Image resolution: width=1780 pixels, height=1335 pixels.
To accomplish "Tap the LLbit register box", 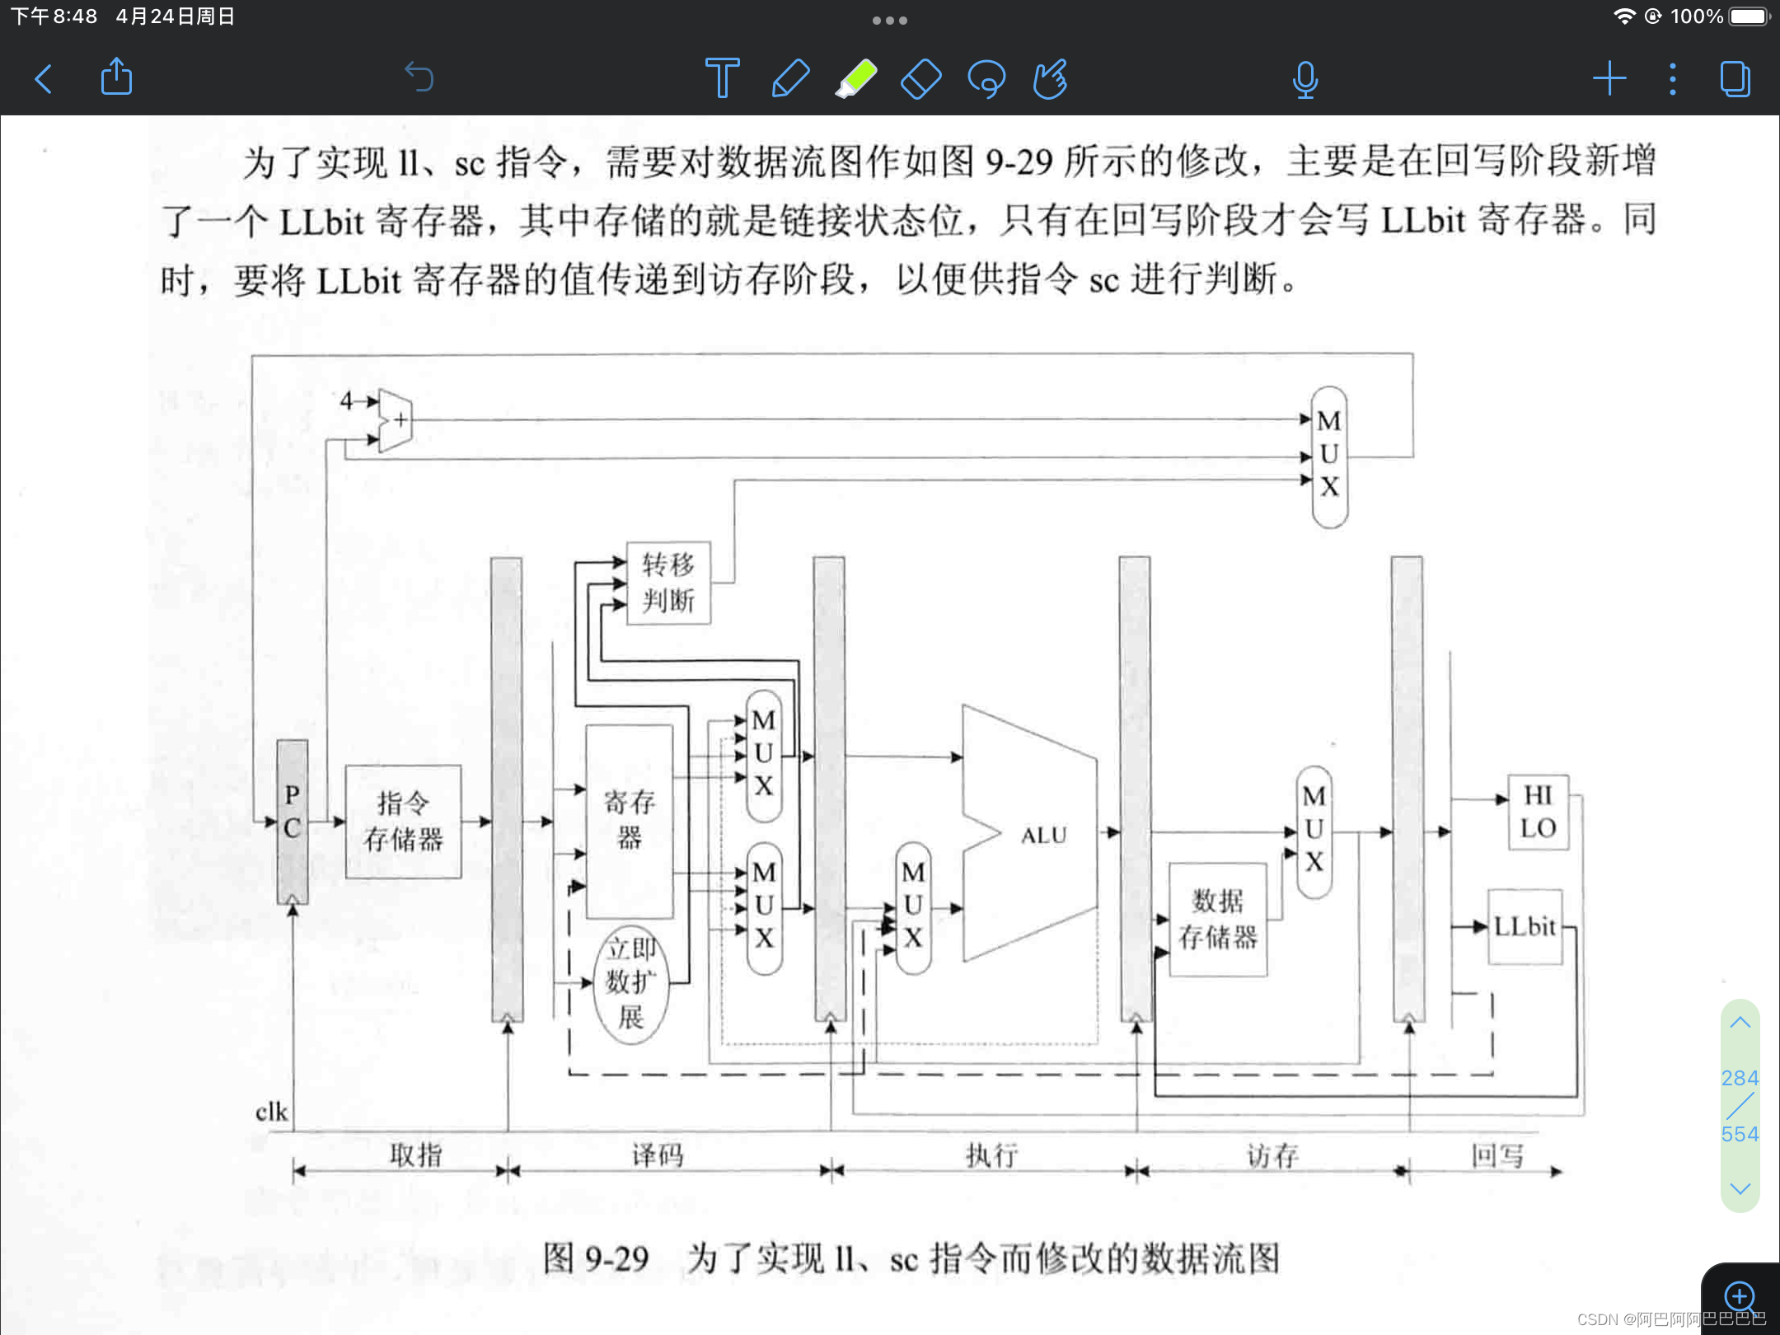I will [1525, 927].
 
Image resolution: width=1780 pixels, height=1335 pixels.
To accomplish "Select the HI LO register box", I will [1538, 812].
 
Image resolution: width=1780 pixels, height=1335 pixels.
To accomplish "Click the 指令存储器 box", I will [403, 822].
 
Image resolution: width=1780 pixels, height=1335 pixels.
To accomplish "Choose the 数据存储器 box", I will [1217, 919].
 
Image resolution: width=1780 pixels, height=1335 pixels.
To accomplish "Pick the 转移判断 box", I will [668, 583].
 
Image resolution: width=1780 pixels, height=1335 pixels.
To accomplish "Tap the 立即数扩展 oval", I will [631, 983].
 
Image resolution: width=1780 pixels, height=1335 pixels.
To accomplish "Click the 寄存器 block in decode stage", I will [630, 821].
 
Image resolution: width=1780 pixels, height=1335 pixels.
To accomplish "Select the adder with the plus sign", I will [396, 420].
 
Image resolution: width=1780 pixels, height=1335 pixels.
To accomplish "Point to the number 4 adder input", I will [346, 400].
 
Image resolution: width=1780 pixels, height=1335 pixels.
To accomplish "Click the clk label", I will [271, 1112].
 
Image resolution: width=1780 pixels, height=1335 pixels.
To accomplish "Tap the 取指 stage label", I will [415, 1155].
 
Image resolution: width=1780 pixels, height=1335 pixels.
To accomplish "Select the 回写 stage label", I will [1497, 1155].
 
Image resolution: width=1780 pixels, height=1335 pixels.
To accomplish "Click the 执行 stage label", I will [991, 1155].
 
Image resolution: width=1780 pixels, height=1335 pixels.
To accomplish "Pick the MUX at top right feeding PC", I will [1329, 456].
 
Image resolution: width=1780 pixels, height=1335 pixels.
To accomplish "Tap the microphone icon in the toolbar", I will [1305, 80].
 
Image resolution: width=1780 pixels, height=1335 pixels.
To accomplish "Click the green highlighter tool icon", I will [856, 79].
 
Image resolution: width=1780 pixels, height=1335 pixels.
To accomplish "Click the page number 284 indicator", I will [1740, 1078].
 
